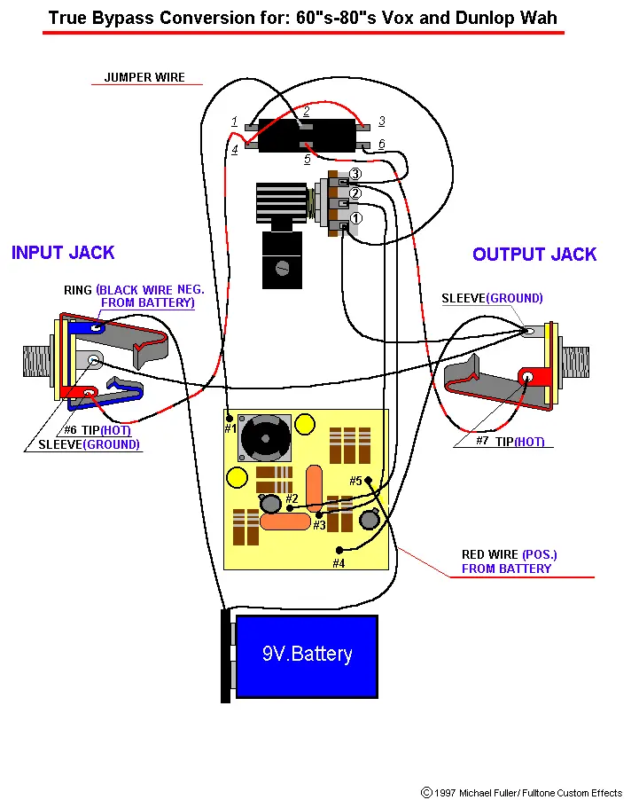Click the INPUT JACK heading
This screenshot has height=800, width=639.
click(x=63, y=253)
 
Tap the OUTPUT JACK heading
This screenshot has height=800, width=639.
click(x=534, y=255)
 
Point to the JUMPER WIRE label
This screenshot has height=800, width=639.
click(x=144, y=77)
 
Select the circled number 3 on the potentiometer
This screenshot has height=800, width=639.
click(x=355, y=174)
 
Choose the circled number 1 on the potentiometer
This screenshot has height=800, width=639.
click(x=355, y=217)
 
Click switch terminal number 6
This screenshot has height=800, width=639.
click(x=381, y=144)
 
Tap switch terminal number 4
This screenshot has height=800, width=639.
click(x=235, y=150)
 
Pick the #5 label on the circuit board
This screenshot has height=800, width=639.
click(x=356, y=481)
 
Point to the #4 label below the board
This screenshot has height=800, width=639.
click(x=339, y=562)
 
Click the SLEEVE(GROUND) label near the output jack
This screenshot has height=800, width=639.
click(x=492, y=299)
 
